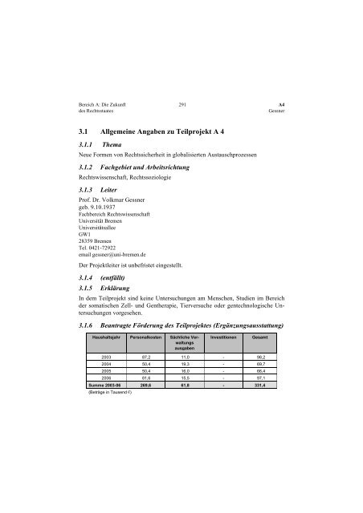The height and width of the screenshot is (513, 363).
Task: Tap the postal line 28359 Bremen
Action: pos(90,241)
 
